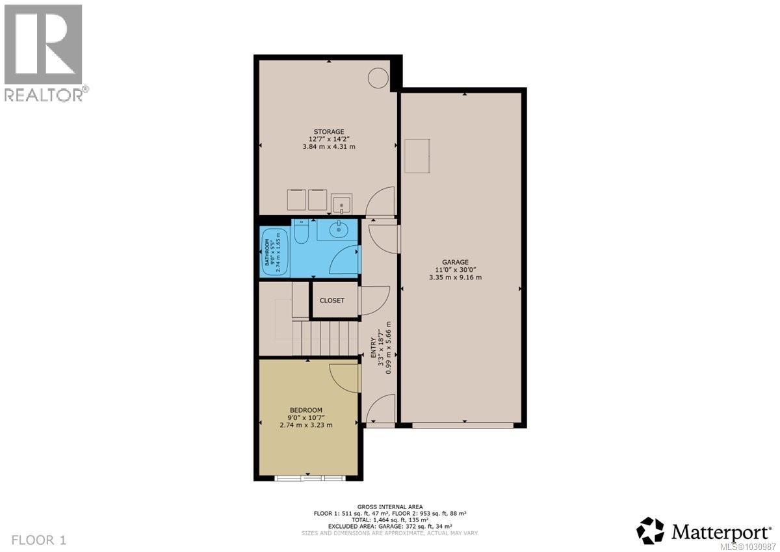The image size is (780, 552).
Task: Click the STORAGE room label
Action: (328, 131)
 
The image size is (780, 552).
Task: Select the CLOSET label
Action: (331, 300)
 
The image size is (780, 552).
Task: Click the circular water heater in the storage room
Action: (378, 78)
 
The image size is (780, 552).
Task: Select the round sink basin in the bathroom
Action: (338, 229)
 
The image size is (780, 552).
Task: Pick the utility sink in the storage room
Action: (341, 203)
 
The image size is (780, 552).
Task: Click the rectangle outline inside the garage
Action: (417, 155)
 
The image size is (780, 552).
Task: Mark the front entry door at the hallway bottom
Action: (379, 412)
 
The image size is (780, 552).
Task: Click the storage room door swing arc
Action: (380, 202)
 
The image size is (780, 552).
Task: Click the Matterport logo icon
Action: (650, 531)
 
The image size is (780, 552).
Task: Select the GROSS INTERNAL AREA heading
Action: (390, 506)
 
